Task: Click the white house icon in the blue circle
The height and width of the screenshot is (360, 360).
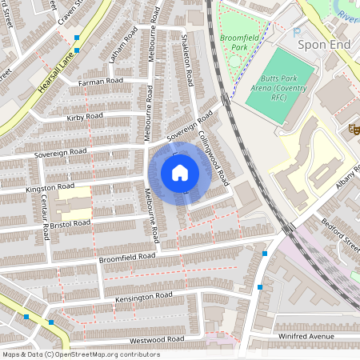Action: coord(180,172)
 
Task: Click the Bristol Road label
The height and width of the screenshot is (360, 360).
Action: coord(70,223)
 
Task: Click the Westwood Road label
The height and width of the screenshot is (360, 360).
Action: coord(158,340)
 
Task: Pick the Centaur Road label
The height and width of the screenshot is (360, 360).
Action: coord(45,218)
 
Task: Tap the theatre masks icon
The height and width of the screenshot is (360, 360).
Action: coord(352,128)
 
